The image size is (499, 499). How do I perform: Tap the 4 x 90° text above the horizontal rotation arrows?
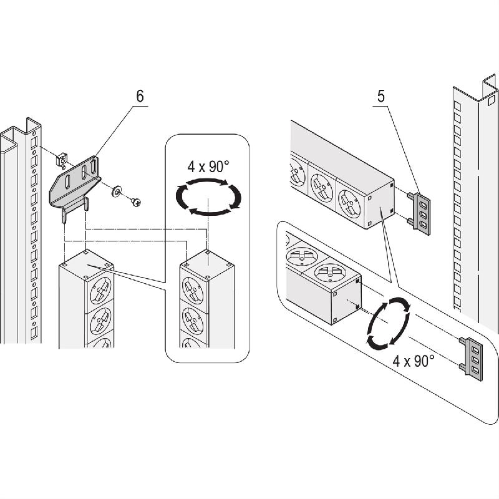click(x=208, y=167)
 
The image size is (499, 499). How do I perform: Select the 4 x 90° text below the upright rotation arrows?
click(x=414, y=361)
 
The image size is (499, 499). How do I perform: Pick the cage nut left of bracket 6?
click(x=62, y=160)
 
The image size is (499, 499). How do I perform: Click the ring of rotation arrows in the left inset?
click(x=208, y=196)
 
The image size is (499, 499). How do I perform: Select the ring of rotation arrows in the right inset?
click(x=388, y=323)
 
